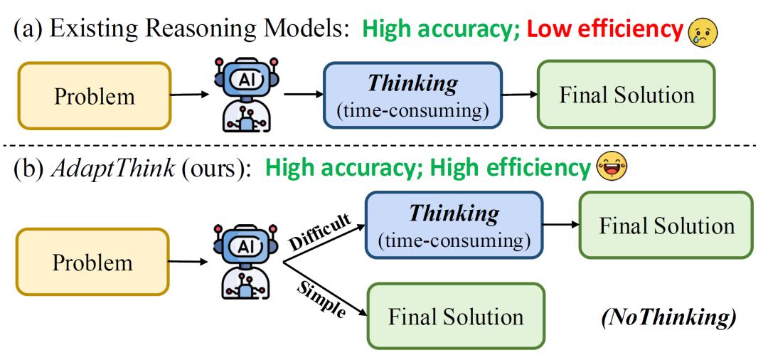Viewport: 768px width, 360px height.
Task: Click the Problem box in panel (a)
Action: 94,96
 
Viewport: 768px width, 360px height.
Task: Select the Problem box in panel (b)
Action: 93,262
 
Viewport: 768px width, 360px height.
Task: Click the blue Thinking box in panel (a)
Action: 413,95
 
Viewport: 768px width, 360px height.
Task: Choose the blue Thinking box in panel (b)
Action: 454,224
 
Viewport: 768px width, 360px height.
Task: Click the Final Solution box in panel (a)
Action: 626,95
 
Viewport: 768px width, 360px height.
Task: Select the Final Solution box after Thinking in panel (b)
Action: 666,225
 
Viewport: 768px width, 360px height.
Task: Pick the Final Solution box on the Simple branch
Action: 456,316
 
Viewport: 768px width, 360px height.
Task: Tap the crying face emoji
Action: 703,32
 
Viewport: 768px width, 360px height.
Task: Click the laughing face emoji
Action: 611,168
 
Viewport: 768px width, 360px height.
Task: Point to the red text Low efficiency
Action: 605,31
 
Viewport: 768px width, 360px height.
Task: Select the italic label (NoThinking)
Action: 668,319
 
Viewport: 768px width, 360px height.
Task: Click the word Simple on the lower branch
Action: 320,298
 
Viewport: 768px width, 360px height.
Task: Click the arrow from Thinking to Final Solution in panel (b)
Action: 561,225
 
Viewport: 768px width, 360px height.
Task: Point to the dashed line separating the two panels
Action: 384,145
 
